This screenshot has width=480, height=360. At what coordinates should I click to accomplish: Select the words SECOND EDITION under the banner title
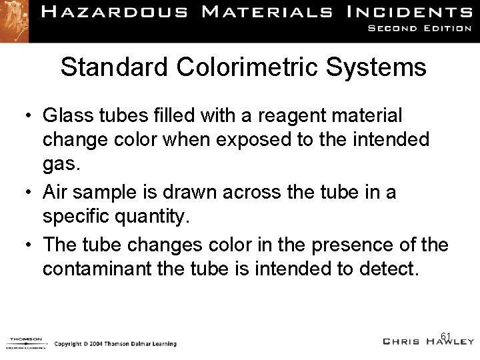[x=420, y=29]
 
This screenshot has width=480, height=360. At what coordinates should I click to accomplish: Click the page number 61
[x=446, y=336]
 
